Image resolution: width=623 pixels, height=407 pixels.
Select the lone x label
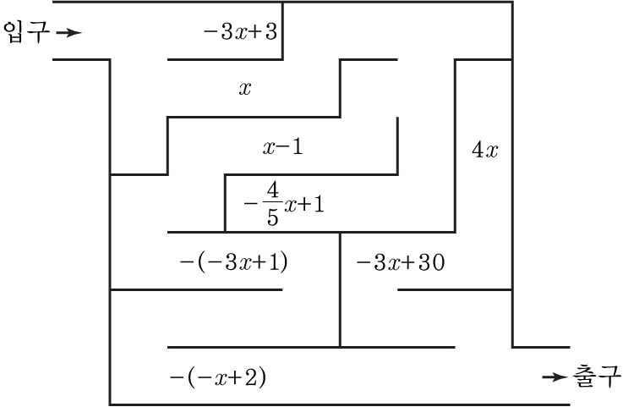(245, 88)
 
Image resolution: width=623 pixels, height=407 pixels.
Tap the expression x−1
(282, 147)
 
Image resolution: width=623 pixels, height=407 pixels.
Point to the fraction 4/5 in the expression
(271, 205)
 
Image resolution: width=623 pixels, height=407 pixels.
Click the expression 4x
(484, 151)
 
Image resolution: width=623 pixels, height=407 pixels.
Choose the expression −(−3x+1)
(234, 261)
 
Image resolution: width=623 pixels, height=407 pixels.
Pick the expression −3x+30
(400, 261)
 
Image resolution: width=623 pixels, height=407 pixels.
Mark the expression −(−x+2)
(218, 377)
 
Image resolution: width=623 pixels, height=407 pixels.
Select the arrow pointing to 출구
(555, 377)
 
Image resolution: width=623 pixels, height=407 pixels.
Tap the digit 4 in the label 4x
(477, 151)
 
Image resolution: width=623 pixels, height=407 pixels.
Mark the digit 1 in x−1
(297, 147)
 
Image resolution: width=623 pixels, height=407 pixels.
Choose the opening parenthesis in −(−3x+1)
(199, 261)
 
